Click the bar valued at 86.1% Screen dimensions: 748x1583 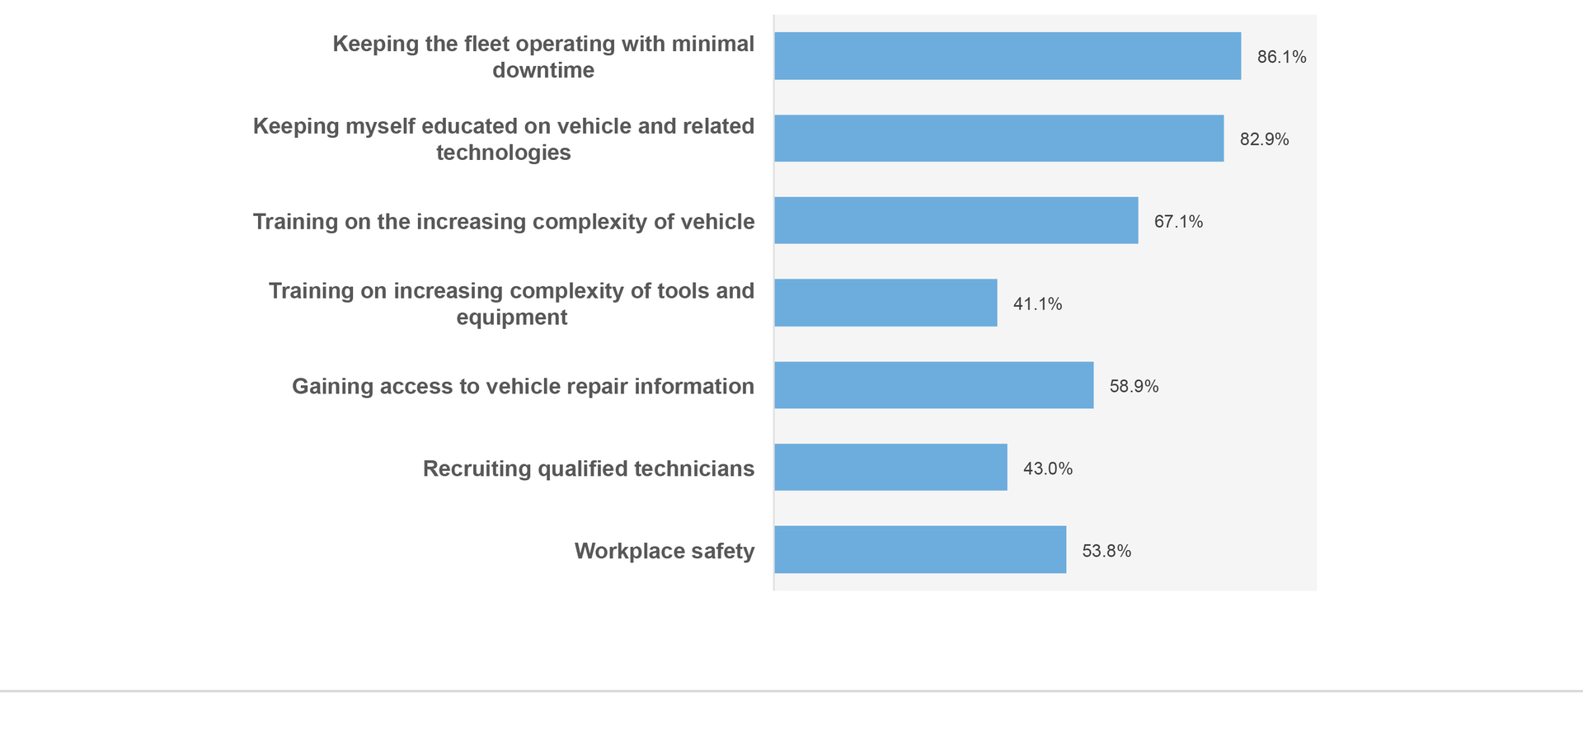pos(1008,56)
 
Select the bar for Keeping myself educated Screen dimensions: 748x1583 pos(998,139)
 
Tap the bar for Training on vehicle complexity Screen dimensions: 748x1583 pos(956,221)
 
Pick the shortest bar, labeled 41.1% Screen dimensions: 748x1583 pos(885,303)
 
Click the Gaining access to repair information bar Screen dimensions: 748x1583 pos(934,385)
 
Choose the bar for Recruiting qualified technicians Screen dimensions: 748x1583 pos(890,468)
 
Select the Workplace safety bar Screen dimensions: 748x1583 pos(920,550)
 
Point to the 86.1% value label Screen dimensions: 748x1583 pos(1281,57)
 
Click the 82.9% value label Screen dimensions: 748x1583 pos(1264,139)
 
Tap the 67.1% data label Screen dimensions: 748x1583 pos(1178,222)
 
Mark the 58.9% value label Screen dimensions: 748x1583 pos(1134,386)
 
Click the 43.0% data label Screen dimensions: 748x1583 pos(1048,468)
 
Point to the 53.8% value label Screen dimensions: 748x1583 pos(1106,551)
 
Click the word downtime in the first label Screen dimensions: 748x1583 pos(543,70)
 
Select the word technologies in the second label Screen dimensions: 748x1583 pos(503,153)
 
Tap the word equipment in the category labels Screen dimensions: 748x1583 pos(511,318)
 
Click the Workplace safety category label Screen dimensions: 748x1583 pos(664,551)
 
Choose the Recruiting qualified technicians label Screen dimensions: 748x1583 pos(588,468)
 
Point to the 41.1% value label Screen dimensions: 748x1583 pos(1037,304)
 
